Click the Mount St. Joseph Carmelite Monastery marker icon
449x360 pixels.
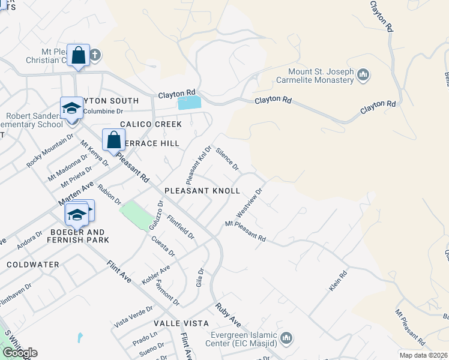(x=363, y=75)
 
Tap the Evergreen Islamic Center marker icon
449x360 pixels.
(x=287, y=339)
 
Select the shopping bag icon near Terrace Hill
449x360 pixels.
(x=113, y=140)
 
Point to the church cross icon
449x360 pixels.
(x=95, y=56)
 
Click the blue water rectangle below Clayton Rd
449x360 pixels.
(x=190, y=103)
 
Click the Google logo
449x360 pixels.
(x=20, y=353)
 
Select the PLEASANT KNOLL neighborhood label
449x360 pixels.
(x=202, y=190)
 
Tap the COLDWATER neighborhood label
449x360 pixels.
(x=33, y=264)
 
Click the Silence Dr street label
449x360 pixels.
(x=228, y=158)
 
